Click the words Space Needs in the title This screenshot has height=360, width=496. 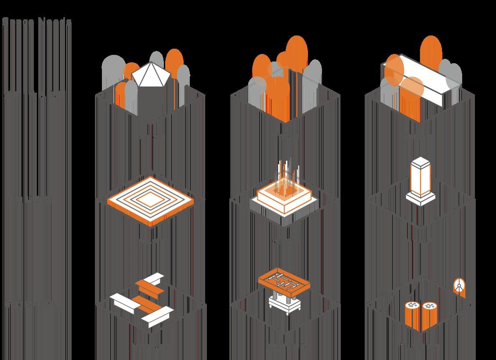coord(36,22)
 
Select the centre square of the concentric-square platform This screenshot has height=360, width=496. coord(150,200)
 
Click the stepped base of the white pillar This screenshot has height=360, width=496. coord(420,198)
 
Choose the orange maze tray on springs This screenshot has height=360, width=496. coord(284,281)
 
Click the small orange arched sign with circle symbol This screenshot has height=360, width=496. coord(459,288)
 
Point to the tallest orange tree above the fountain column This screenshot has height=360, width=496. coord(297,53)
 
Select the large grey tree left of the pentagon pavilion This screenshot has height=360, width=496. coord(113,70)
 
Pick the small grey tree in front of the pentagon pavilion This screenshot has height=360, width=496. coord(131,97)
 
